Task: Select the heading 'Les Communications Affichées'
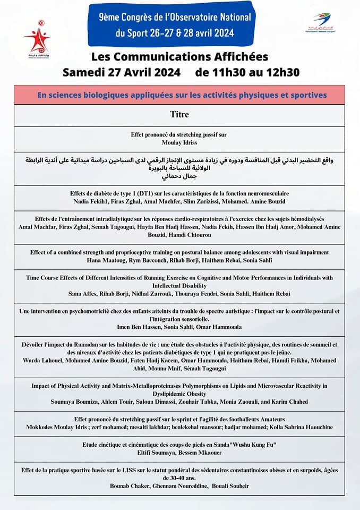(x=179, y=56)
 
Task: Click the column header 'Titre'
(x=179, y=114)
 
